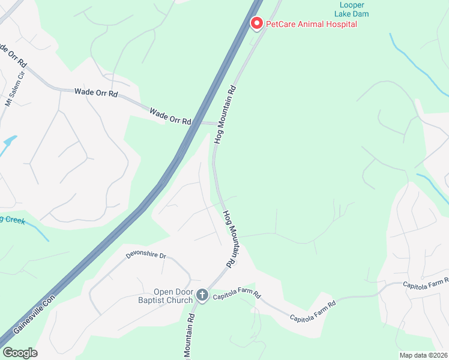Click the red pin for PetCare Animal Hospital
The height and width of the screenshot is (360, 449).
click(x=257, y=23)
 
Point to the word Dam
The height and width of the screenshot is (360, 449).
click(x=361, y=14)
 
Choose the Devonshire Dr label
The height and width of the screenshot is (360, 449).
click(x=145, y=255)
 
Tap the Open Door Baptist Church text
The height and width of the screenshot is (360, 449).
click(x=172, y=296)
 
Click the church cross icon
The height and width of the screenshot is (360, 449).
click(x=202, y=295)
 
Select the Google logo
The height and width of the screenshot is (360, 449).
click(x=20, y=353)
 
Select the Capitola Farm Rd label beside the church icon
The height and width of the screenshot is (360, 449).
click(x=238, y=295)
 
